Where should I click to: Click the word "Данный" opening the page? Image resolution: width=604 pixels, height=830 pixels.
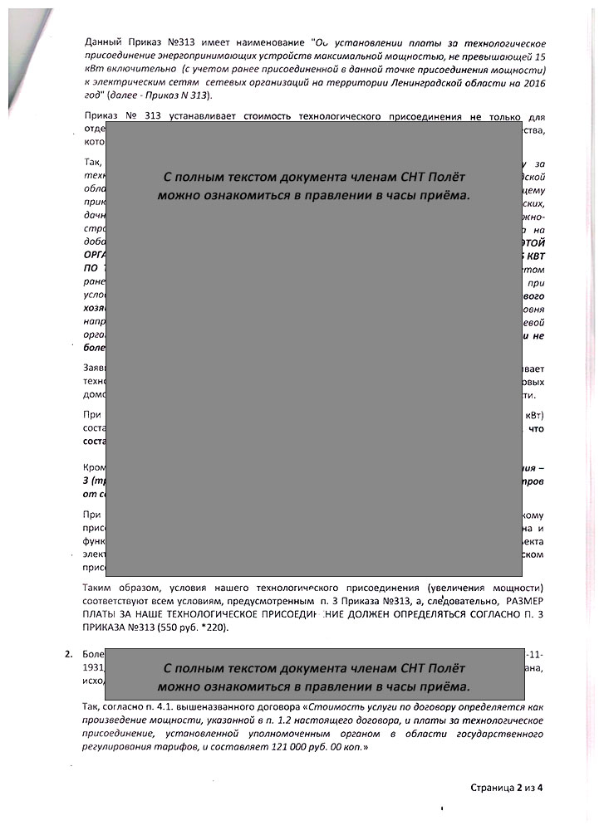(104, 42)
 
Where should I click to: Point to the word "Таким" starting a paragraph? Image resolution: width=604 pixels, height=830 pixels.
(101, 587)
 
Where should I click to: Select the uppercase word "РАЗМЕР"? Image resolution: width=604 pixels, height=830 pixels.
(524, 600)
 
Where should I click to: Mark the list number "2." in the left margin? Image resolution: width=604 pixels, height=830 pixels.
(69, 655)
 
